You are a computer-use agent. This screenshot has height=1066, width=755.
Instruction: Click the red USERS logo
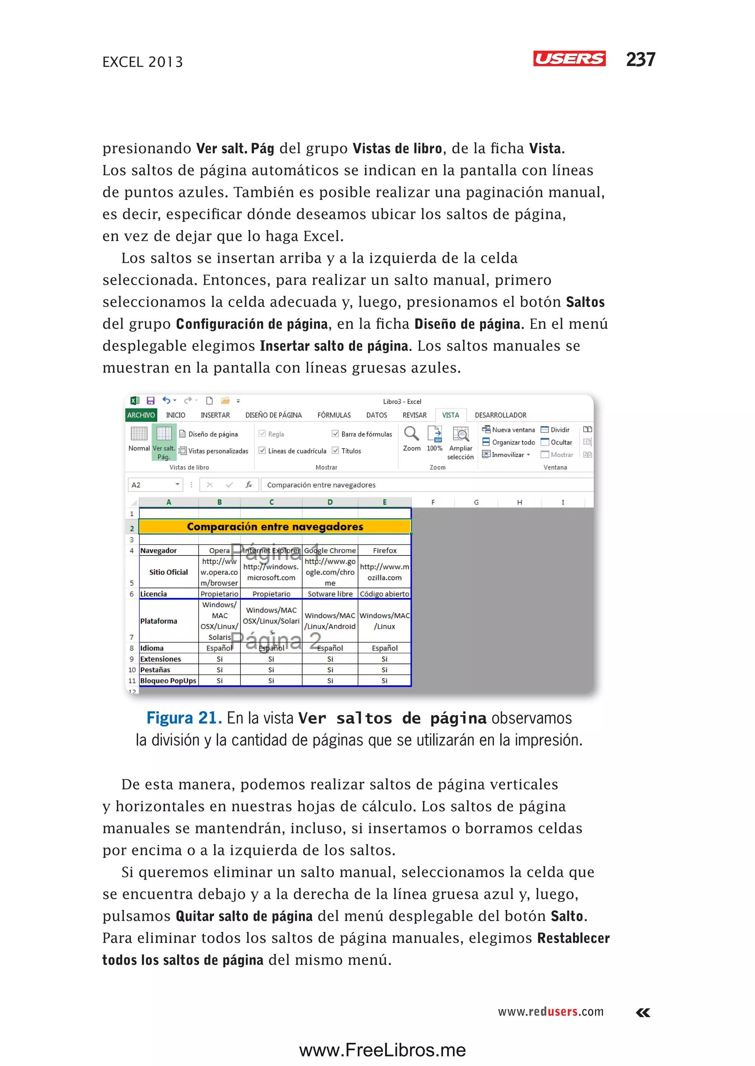[x=569, y=59]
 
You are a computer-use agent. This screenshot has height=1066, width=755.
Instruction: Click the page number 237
[x=640, y=59]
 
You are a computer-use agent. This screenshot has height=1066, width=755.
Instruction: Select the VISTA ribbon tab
[x=450, y=415]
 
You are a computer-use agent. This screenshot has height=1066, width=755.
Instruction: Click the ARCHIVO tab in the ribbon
[x=141, y=415]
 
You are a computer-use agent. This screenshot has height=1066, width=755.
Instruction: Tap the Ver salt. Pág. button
[x=164, y=442]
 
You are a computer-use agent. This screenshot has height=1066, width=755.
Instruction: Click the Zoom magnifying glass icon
[x=411, y=434]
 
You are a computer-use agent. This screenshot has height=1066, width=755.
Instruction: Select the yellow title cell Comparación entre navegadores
[x=275, y=526]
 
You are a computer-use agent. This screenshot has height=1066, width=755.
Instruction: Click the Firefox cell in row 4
[x=385, y=550]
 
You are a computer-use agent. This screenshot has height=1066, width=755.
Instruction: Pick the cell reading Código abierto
[x=385, y=594]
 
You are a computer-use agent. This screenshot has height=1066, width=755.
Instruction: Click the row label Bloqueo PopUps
[x=168, y=680]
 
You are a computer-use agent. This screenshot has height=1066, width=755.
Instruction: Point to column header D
[x=330, y=502]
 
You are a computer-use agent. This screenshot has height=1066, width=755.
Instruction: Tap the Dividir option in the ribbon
[x=559, y=429]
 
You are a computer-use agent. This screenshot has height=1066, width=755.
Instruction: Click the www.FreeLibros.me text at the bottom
[x=382, y=1050]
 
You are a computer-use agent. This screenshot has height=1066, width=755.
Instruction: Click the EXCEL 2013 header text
[x=143, y=62]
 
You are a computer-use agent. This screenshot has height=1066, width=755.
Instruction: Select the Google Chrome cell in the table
[x=330, y=550]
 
